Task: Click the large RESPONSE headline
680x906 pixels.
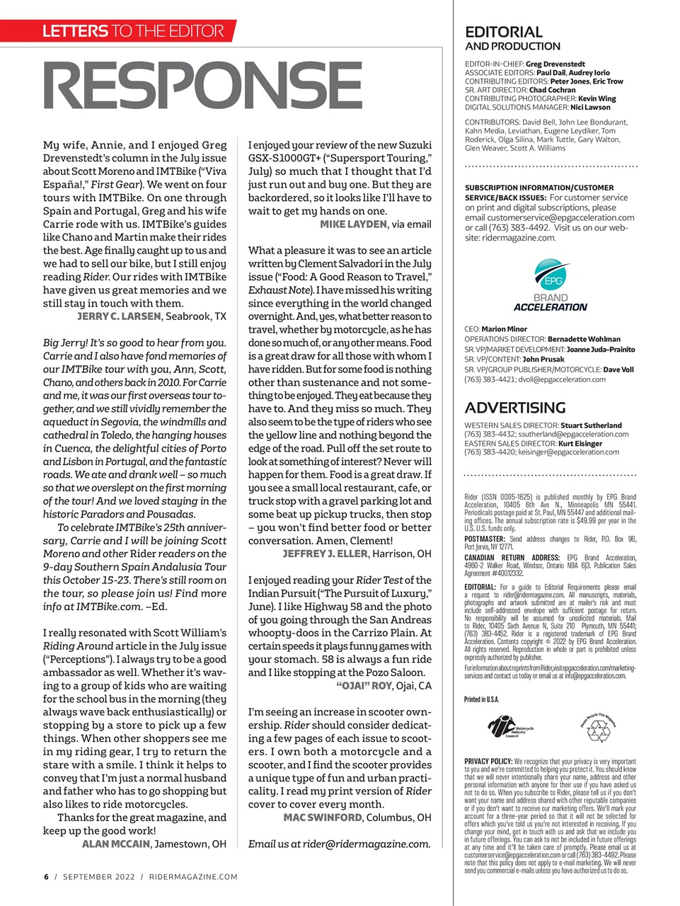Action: pos(202,87)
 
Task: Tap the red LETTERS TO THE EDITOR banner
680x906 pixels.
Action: pos(132,30)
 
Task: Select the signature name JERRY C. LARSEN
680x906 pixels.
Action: pos(118,316)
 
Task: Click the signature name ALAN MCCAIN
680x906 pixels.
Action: pos(116,844)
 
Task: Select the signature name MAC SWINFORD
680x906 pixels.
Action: pos(323,818)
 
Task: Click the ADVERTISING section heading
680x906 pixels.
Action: pos(514,408)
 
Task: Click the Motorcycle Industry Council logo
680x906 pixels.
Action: pos(511,727)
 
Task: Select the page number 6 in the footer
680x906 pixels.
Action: pos(46,877)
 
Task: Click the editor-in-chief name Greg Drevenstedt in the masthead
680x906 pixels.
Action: pos(555,64)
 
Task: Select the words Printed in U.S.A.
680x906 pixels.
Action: pos(481,699)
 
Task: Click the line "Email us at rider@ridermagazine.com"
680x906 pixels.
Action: pos(339,844)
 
